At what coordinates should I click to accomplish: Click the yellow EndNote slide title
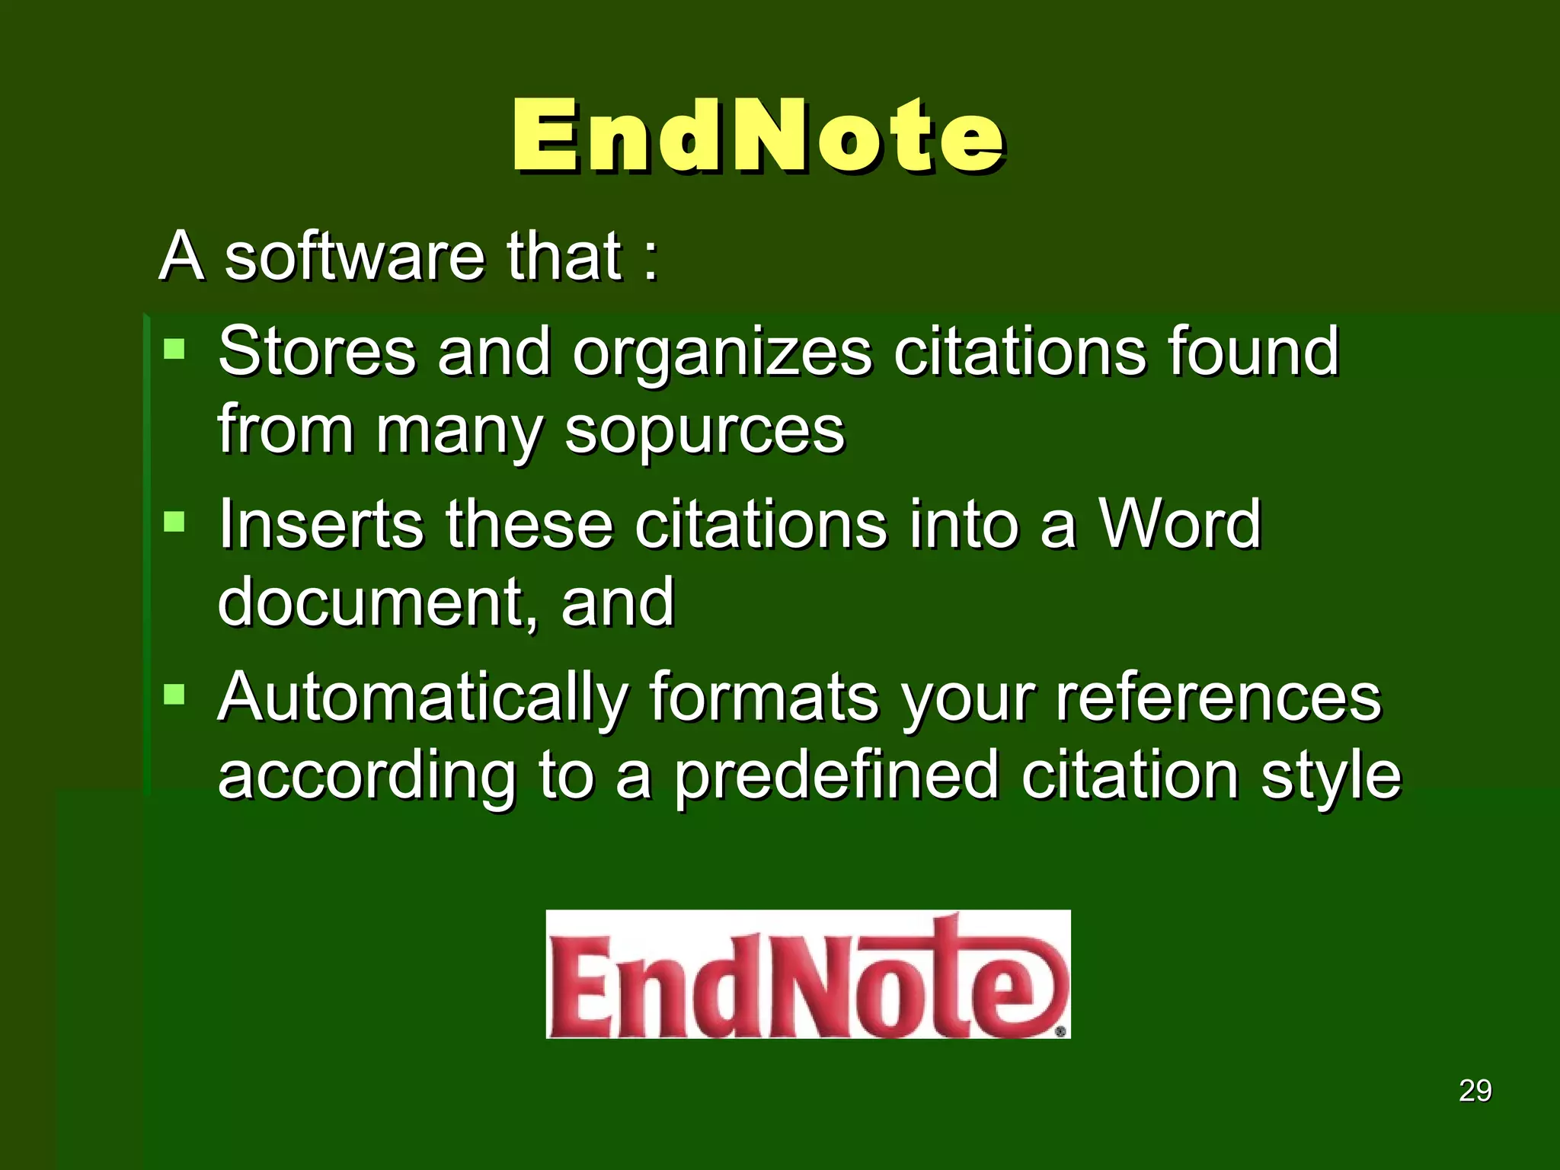pyautogui.click(x=758, y=137)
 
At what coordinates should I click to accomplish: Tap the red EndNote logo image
pyautogui.click(x=808, y=974)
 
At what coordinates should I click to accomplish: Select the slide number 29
pyautogui.click(x=1475, y=1091)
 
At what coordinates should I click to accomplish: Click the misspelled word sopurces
pyautogui.click(x=705, y=430)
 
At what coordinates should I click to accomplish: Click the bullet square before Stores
pyautogui.click(x=174, y=349)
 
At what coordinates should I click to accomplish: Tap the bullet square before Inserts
pyautogui.click(x=174, y=522)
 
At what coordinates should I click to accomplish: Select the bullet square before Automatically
pyautogui.click(x=174, y=694)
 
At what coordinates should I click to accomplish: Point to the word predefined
pyautogui.click(x=836, y=777)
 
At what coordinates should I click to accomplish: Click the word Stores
pyautogui.click(x=317, y=352)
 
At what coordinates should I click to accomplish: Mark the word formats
pyautogui.click(x=764, y=698)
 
